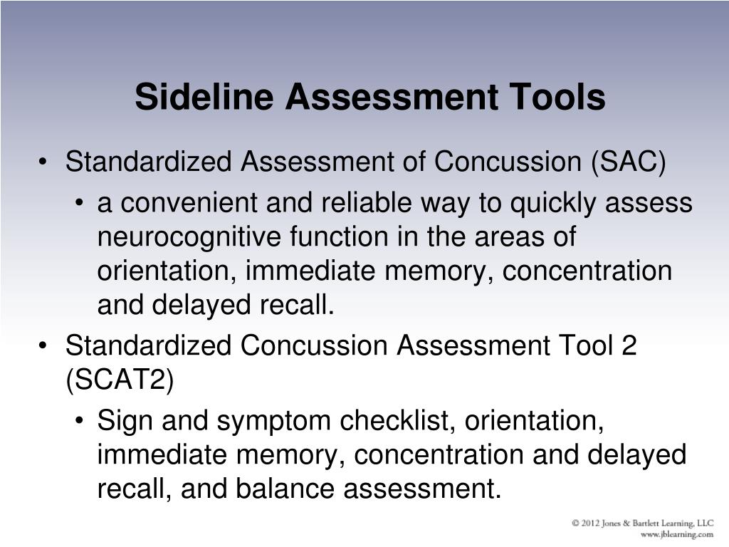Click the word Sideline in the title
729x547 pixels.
[204, 96]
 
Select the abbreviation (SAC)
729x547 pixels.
[629, 162]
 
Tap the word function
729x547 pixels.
[339, 236]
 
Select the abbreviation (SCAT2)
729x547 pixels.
[120, 380]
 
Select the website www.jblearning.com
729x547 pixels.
[677, 534]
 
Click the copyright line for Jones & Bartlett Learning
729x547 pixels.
[643, 523]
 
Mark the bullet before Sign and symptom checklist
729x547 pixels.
[80, 421]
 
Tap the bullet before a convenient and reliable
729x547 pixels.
[80, 203]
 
